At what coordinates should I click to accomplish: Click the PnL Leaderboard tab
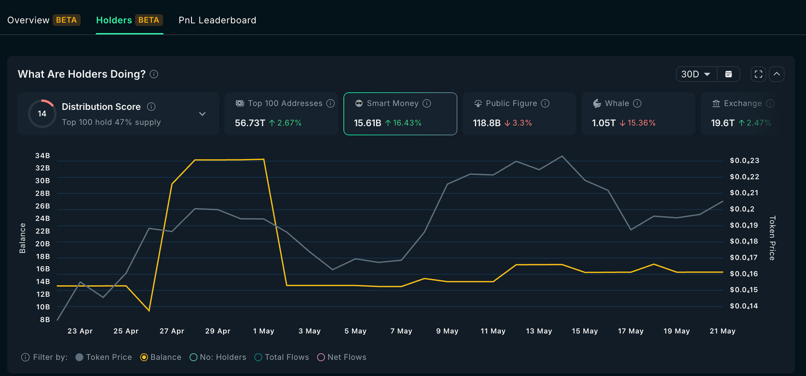coord(217,20)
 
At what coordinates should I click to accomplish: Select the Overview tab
coord(28,20)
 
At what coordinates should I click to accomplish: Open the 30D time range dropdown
coord(696,74)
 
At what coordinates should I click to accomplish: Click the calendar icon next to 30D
coord(728,74)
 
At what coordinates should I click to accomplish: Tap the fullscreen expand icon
coord(758,74)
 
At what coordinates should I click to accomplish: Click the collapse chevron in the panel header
coord(777,74)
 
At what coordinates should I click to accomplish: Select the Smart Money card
coord(400,113)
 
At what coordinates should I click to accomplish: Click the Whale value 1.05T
coord(603,123)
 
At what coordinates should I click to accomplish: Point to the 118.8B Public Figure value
coord(487,123)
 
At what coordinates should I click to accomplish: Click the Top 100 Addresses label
coord(285,103)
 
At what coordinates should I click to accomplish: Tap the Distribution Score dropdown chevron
coord(202,114)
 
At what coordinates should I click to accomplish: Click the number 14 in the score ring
coord(42,114)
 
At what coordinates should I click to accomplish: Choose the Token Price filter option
coord(104,357)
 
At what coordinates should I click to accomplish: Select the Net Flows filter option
coord(342,357)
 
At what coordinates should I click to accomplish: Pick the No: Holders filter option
coord(218,357)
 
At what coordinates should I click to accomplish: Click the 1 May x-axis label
coord(263,331)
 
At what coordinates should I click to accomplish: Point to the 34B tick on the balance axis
coord(43,156)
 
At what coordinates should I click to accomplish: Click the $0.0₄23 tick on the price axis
coord(744,161)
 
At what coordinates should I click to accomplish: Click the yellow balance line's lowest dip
coord(149,310)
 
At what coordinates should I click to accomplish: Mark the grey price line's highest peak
coord(562,156)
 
